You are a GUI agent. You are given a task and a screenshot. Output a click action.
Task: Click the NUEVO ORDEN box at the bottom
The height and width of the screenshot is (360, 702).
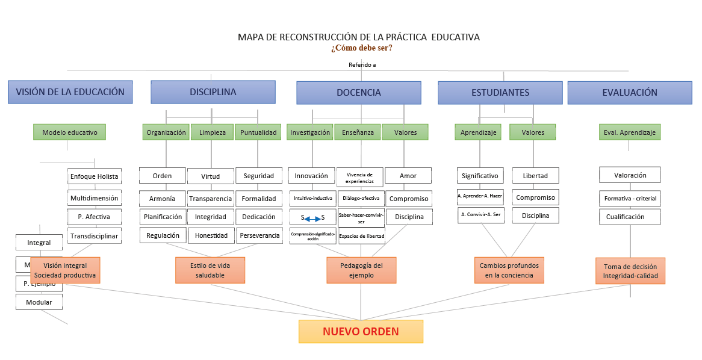pyautogui.click(x=361, y=331)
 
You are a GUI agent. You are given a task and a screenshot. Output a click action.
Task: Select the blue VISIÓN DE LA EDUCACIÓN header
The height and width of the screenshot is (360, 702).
pyautogui.click(x=70, y=92)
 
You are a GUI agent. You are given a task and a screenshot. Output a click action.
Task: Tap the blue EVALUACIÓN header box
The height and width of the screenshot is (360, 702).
pyautogui.click(x=630, y=93)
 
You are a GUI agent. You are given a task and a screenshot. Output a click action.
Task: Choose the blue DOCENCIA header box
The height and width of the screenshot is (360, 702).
pyautogui.click(x=358, y=93)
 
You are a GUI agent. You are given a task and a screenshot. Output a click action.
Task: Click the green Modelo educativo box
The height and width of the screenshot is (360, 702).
pyautogui.click(x=69, y=132)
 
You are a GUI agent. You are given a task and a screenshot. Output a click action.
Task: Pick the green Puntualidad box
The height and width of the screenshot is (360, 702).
pyautogui.click(x=258, y=132)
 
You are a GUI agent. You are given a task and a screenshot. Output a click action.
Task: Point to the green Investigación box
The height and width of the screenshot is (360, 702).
pyautogui.click(x=310, y=132)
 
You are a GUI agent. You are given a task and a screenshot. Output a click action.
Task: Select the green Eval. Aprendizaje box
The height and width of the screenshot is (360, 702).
pyautogui.click(x=630, y=132)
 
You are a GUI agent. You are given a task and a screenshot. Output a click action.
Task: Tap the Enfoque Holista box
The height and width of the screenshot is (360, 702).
pyautogui.click(x=95, y=176)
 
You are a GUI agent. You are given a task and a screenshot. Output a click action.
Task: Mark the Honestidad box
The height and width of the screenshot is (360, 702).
pyautogui.click(x=211, y=235)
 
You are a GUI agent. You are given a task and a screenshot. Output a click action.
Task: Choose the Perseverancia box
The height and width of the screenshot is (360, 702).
pyautogui.click(x=259, y=235)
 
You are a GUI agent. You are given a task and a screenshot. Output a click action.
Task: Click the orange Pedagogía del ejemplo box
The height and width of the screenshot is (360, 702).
pyautogui.click(x=361, y=270)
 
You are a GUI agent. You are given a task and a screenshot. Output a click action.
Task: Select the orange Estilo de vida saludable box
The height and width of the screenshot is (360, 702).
pyautogui.click(x=210, y=270)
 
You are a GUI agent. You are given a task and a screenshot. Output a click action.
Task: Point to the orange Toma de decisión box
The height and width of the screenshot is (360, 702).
pyautogui.click(x=630, y=271)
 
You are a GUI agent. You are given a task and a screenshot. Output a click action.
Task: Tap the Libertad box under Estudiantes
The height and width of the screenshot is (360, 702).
pyautogui.click(x=535, y=176)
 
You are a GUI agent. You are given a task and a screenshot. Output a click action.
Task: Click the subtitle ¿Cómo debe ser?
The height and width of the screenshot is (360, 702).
pyautogui.click(x=361, y=48)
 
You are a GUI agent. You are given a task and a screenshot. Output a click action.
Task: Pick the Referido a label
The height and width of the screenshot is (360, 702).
pyautogui.click(x=362, y=65)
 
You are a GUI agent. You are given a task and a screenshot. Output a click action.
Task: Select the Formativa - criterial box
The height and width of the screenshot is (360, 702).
pyautogui.click(x=630, y=198)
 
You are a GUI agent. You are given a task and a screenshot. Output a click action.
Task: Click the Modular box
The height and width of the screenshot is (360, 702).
pyautogui.click(x=39, y=302)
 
